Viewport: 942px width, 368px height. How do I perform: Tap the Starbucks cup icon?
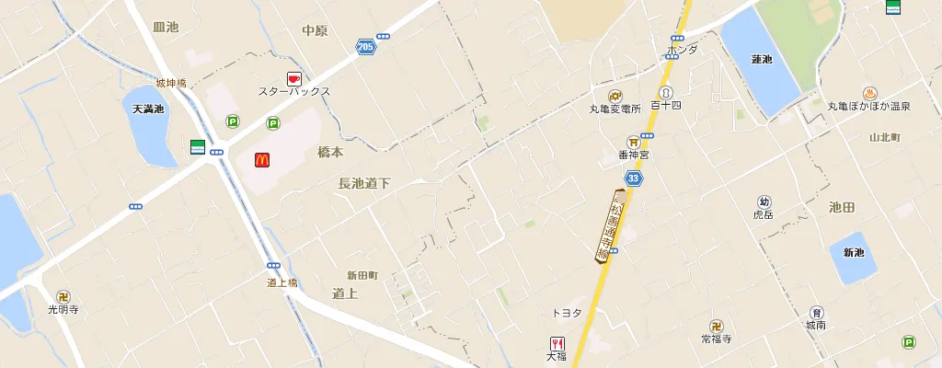(294, 78)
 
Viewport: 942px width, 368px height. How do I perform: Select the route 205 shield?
(365, 45)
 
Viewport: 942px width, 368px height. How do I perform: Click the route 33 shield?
(633, 178)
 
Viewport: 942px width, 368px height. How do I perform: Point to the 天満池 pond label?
(148, 109)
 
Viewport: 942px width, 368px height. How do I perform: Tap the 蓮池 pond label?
(762, 60)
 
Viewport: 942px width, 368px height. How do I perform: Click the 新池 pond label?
(855, 252)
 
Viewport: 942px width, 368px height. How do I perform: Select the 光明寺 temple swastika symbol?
(63, 296)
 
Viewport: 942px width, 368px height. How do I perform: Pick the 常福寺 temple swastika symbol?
(716, 326)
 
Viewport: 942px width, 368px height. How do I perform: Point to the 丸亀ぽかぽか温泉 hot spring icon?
(869, 92)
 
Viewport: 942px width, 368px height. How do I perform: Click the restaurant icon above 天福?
(557, 344)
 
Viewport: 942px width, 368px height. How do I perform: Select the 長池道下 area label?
(364, 184)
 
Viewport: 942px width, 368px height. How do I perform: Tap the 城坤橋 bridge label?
(171, 84)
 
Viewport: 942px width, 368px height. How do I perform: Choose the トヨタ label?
(566, 313)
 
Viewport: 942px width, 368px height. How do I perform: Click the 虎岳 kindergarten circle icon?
(764, 201)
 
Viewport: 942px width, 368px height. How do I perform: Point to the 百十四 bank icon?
(665, 92)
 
